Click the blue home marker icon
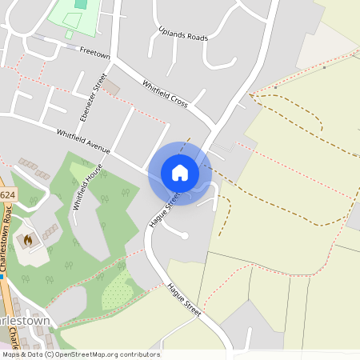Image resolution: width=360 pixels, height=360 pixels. click(180, 173)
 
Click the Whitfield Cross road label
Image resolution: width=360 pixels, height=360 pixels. click(165, 94)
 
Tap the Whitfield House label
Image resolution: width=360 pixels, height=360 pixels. click(87, 186)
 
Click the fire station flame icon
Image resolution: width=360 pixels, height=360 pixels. click(28, 238)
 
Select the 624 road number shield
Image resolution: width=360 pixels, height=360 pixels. click(7, 194)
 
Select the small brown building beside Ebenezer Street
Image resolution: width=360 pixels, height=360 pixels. click(113, 86)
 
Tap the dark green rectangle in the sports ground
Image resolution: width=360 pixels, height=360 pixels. click(80, 4)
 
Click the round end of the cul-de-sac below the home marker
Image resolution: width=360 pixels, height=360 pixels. click(184, 235)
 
